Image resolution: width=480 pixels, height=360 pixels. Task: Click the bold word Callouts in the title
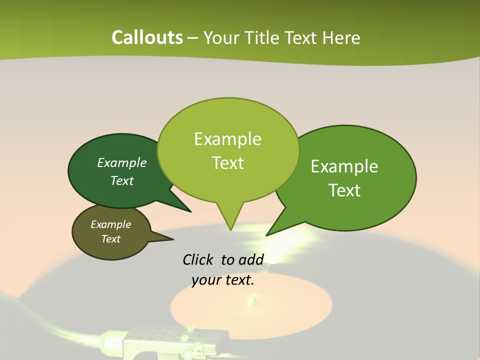tap(147, 37)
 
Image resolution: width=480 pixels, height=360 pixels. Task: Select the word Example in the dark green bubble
tap(122, 162)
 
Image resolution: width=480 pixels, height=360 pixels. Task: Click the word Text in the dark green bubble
tap(122, 180)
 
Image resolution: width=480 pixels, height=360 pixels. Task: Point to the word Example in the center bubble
tap(227, 139)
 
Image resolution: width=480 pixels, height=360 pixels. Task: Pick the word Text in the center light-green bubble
tap(228, 163)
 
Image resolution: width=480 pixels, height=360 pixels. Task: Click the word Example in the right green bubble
tap(344, 166)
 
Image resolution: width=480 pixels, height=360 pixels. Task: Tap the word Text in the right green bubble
tap(344, 190)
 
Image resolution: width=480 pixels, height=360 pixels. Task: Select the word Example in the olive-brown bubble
tap(110, 224)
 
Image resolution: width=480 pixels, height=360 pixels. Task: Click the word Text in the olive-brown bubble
tap(110, 239)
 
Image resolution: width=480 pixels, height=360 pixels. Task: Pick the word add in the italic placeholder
tap(251, 259)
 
